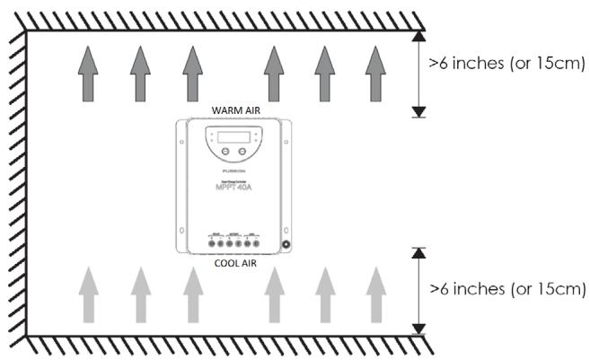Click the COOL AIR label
coord(234,264)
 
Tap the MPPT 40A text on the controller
coord(233,189)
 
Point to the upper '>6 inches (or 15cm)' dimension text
coord(507,64)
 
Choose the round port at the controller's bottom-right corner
coord(286,244)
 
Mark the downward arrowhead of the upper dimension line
coord(418,111)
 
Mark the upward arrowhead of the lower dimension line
coord(418,253)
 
